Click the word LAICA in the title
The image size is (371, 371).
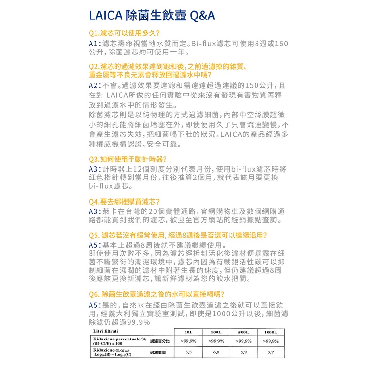(x=105, y=16)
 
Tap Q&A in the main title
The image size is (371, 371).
(x=202, y=16)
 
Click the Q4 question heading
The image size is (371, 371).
(x=124, y=202)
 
